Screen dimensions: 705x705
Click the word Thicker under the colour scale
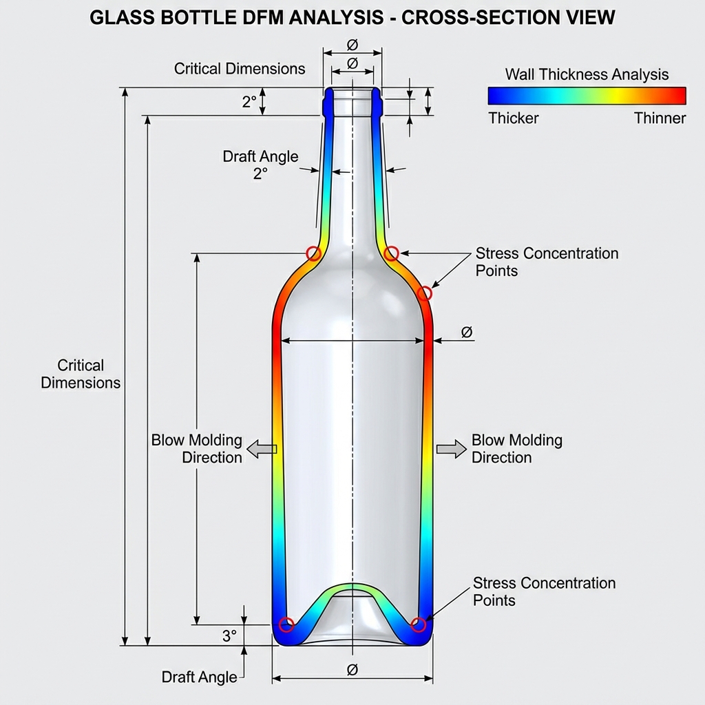point(514,118)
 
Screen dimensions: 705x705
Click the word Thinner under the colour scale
point(660,118)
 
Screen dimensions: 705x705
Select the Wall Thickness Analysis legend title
point(587,74)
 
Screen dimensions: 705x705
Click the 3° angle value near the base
point(229,636)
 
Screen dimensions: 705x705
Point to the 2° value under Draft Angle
point(260,174)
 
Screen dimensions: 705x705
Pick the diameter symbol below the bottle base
point(352,669)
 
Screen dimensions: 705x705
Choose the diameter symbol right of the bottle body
point(466,333)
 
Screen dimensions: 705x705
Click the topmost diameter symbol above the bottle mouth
point(352,45)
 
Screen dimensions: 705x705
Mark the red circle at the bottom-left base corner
point(287,625)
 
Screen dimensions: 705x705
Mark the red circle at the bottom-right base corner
point(418,625)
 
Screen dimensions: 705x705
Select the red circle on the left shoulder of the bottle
point(314,253)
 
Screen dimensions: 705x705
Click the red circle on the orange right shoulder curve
point(425,293)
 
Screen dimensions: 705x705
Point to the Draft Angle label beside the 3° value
point(199,677)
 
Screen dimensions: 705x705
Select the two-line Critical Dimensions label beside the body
point(81,374)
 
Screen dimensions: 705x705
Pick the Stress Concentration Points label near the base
point(544,591)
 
